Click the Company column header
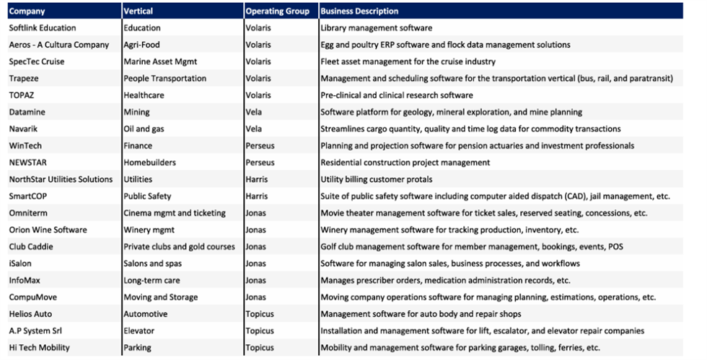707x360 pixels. click(27, 12)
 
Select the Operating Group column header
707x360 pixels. click(277, 12)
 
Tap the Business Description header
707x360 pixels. click(359, 12)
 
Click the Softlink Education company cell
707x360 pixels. click(43, 28)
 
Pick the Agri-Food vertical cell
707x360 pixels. click(141, 45)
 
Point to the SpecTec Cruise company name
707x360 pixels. click(37, 61)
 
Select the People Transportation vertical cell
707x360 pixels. click(165, 79)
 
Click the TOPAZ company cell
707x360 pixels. click(21, 95)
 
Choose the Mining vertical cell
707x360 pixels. click(136, 112)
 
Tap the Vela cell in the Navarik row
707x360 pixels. click(254, 129)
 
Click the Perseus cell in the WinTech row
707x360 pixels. click(260, 146)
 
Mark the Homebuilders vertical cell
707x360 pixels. click(150, 162)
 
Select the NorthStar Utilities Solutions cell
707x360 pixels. click(61, 179)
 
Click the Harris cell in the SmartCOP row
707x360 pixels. click(257, 196)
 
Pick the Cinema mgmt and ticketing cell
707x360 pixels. click(175, 213)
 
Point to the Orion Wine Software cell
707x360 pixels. click(48, 229)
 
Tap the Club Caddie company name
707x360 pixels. click(31, 247)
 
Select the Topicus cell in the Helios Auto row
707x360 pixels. click(260, 314)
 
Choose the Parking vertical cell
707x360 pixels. click(138, 348)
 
